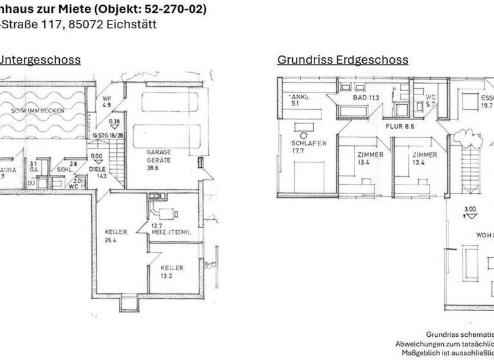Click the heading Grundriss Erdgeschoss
343,60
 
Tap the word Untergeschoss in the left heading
40,60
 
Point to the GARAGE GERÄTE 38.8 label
158,158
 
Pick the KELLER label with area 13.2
172,272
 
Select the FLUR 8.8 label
399,127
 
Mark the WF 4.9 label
107,101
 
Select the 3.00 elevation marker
470,209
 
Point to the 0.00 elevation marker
97,155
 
